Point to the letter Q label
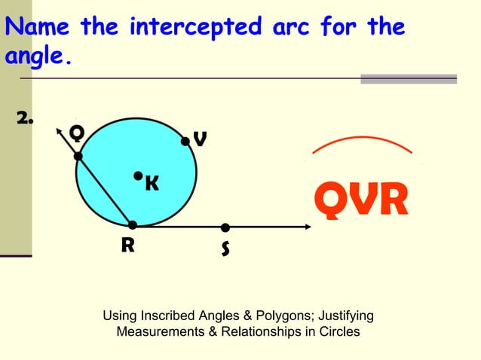[x=76, y=133]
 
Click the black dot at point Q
[x=78, y=156]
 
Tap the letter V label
[x=200, y=140]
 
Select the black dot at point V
[x=185, y=140]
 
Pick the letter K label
[x=152, y=183]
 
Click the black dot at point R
[x=133, y=224]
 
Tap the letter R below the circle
[x=127, y=245]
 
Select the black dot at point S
[x=225, y=227]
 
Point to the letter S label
[x=225, y=249]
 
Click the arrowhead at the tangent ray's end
[x=307, y=227]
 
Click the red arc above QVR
[x=362, y=139]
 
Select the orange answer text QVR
[x=361, y=199]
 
